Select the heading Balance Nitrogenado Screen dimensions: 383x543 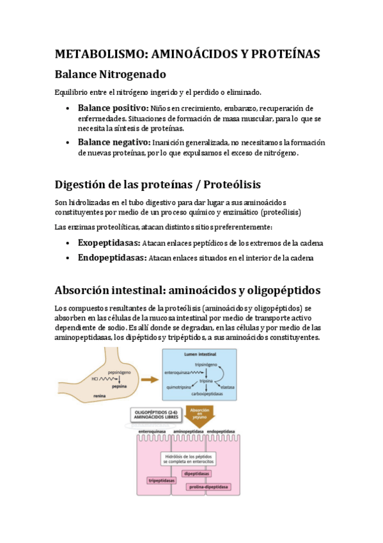(x=111, y=74)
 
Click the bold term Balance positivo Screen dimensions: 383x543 (x=113, y=108)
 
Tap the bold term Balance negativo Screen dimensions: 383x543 (x=114, y=142)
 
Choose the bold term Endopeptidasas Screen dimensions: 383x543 (x=112, y=258)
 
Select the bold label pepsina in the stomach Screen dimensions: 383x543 (x=118, y=386)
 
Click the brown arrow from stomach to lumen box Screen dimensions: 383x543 (x=150, y=380)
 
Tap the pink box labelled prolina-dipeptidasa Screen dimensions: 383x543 (x=208, y=487)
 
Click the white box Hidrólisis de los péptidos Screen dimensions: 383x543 (x=189, y=458)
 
